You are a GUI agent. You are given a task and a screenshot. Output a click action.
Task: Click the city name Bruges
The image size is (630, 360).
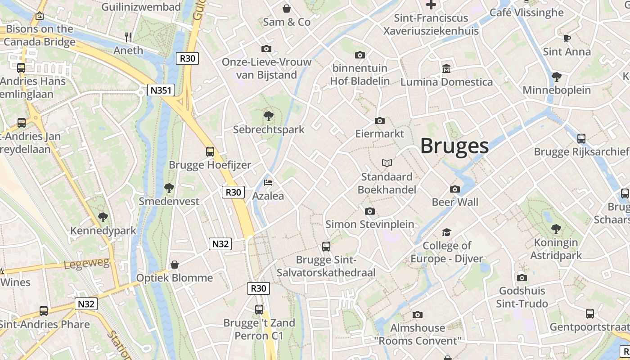454,146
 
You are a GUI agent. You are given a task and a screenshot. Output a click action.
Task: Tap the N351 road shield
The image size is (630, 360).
161,90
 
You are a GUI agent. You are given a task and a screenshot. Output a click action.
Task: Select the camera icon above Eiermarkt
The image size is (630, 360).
380,121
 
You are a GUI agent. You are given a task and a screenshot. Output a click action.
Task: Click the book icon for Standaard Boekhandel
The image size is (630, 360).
387,163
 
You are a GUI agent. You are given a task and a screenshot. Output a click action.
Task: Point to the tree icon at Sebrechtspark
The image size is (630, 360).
269,116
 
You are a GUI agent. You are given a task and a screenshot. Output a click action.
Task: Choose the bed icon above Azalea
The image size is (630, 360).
268,183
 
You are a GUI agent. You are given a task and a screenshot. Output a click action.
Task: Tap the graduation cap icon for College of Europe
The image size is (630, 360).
446,232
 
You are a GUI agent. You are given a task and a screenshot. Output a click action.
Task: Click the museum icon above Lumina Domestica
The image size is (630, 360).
446,69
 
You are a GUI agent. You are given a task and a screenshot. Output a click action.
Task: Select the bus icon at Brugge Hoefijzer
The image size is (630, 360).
210,152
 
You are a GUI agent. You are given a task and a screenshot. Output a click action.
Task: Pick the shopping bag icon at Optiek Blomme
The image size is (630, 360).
175,265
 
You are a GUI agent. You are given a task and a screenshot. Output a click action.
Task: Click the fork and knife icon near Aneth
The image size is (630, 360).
129,37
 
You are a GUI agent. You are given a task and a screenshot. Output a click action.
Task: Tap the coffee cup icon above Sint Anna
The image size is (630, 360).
567,39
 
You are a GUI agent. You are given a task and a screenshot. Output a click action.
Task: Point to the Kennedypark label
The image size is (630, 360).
103,231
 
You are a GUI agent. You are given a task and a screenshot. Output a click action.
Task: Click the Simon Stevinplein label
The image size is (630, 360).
370,224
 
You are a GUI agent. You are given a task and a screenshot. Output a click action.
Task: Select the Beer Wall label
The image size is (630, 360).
455,202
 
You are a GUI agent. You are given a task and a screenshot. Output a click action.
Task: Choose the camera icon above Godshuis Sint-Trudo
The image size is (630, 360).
522,278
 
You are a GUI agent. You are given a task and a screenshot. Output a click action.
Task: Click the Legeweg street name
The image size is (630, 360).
87,264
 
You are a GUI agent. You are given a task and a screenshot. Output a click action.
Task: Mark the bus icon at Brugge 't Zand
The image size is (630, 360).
259,310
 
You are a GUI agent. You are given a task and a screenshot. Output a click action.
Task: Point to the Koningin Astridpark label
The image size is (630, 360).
556,249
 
